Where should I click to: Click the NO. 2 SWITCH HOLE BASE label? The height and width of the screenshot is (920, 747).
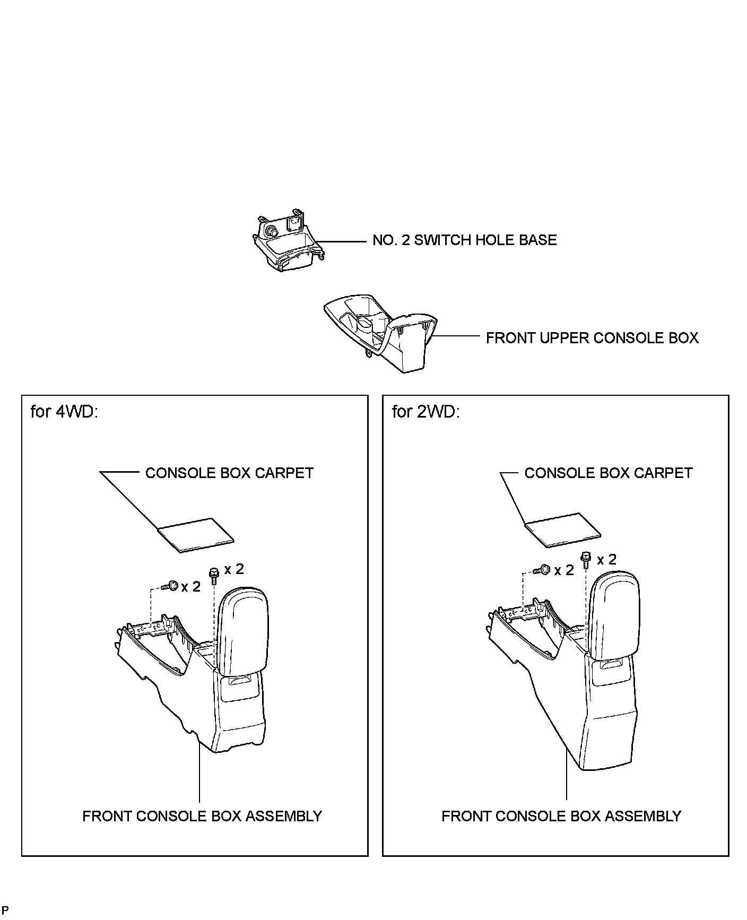tap(464, 240)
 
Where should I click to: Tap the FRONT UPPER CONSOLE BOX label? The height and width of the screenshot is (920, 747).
tap(592, 338)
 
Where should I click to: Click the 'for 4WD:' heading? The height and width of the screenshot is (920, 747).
tap(64, 412)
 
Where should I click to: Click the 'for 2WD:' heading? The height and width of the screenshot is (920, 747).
tap(425, 412)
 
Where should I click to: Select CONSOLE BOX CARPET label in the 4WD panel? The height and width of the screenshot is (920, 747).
tap(229, 473)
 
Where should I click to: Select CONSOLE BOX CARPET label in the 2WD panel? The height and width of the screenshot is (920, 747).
tap(608, 473)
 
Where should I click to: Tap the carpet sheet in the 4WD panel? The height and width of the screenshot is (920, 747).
tap(196, 535)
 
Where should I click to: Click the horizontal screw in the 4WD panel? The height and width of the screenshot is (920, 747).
tap(171, 586)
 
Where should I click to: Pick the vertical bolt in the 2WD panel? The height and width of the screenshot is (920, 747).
tap(586, 559)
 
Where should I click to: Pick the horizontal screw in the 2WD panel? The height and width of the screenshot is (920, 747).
tap(543, 570)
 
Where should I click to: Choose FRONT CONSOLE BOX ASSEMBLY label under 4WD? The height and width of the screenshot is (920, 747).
tap(202, 816)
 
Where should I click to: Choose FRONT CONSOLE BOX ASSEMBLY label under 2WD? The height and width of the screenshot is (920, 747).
tap(561, 816)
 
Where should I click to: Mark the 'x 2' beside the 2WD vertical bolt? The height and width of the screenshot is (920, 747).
tap(606, 559)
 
